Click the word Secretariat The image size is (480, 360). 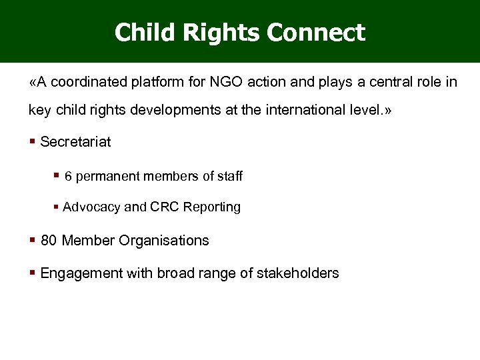(x=75, y=141)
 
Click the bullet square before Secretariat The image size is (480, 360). (x=33, y=141)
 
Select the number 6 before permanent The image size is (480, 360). (x=68, y=177)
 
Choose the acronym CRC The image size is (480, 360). (x=153, y=207)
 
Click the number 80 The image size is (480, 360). (x=49, y=241)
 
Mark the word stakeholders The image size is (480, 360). (x=297, y=273)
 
